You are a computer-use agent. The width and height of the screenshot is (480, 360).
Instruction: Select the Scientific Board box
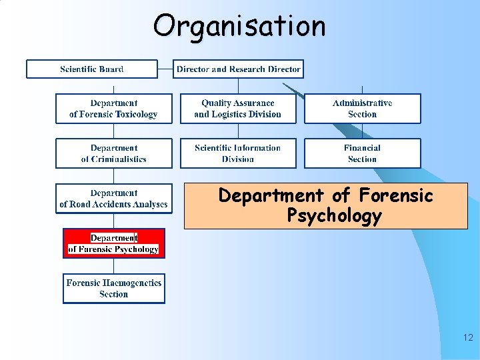92,69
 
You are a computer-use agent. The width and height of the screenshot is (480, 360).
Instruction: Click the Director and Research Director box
238,69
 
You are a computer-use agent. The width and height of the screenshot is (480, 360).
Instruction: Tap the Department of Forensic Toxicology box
113,109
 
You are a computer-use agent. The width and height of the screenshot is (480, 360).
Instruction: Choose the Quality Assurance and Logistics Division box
238,109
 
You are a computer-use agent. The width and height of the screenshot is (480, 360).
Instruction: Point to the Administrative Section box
363,109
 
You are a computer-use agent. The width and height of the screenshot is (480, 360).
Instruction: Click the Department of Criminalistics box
113,153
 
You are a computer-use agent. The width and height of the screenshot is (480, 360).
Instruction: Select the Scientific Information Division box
238,153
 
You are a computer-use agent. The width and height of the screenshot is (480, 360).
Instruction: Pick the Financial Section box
363,153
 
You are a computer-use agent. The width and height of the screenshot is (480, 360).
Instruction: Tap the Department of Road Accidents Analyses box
113,199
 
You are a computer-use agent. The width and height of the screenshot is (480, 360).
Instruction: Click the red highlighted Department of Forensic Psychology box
113,243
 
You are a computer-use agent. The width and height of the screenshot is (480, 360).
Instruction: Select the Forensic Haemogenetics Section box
113,289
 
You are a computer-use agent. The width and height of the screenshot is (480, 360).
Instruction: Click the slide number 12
467,338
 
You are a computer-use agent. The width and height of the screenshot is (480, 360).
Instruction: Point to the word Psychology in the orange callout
334,216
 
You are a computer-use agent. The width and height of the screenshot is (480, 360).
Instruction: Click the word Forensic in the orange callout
395,196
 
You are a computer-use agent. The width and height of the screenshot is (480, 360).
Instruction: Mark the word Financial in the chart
363,148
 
